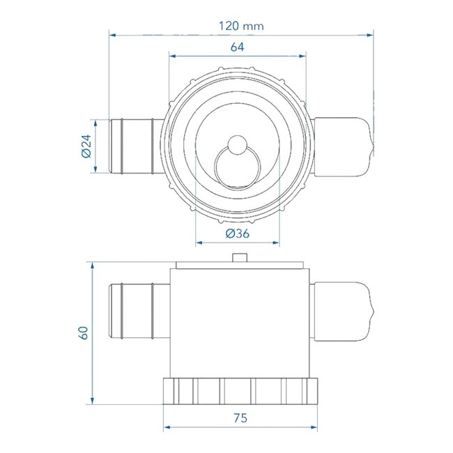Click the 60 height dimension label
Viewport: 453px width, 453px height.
pyautogui.click(x=84, y=332)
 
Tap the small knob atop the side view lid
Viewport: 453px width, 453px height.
pyautogui.click(x=239, y=257)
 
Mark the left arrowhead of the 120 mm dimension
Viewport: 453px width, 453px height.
pyautogui.click(x=112, y=33)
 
